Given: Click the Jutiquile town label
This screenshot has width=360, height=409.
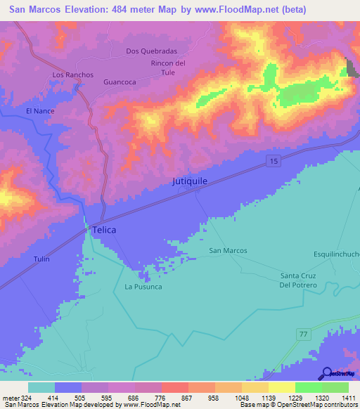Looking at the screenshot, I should coord(190,181).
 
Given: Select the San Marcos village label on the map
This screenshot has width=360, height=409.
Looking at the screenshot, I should coord(229,250).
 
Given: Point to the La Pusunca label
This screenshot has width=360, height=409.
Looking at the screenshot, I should coord(143,287).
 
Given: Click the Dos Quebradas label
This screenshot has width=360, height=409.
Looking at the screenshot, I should coord(151,51).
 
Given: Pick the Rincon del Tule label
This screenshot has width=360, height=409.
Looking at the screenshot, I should coord(168,68).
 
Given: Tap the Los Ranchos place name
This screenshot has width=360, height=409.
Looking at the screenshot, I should coord(68,74).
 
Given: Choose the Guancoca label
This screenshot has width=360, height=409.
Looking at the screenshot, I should coord(119,82).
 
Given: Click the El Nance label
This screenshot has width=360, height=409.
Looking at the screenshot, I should coord(39,111).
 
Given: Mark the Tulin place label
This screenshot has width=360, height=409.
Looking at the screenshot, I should coord(41,259).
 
